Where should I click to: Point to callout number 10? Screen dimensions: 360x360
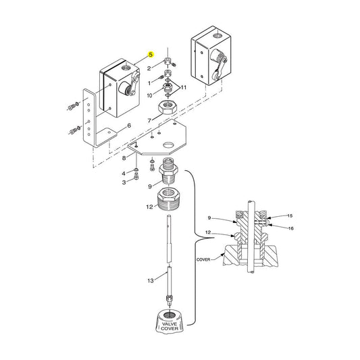[x=150, y=96]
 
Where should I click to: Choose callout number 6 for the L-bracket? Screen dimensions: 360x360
[x=128, y=126]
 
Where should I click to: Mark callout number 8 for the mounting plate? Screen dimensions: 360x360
[x=124, y=158]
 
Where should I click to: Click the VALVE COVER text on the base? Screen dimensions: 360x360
[x=170, y=327]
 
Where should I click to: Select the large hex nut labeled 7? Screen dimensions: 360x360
[x=168, y=107]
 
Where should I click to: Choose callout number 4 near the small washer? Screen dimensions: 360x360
[x=124, y=173]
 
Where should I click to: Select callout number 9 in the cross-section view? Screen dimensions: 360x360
[x=209, y=217]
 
